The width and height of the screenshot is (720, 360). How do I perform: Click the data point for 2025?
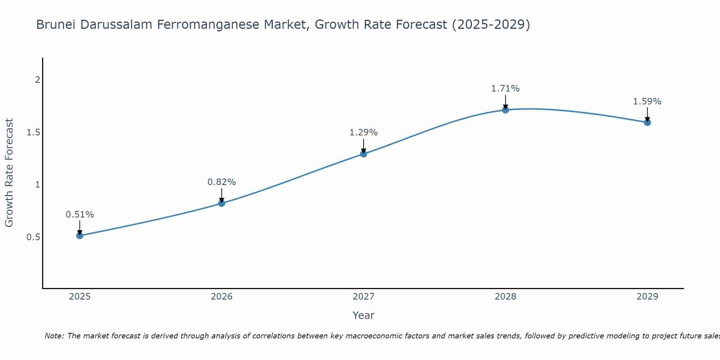point(80,236)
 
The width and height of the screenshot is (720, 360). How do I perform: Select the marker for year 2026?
point(222,203)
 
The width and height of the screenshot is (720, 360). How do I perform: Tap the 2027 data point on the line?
point(364,154)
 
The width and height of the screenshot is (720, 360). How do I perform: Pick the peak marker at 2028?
point(505,110)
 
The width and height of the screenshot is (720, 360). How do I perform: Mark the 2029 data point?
point(647,122)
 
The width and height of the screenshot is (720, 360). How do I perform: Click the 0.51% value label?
point(80,215)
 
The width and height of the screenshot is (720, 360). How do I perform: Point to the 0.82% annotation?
point(222,182)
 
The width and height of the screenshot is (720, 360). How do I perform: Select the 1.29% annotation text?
point(364,132)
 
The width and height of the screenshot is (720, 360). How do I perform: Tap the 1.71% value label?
point(505,89)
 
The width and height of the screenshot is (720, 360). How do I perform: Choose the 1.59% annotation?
point(647,102)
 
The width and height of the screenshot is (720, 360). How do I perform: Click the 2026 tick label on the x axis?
point(222,297)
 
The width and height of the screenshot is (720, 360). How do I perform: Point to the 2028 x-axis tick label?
point(505,297)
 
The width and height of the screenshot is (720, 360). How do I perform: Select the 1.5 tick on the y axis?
point(33,132)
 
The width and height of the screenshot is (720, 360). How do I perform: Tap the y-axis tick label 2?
point(37,80)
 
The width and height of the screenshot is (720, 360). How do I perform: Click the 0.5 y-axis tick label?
point(33,237)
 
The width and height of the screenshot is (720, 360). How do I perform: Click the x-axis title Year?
point(364,315)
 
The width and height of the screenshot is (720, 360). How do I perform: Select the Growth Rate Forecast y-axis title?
point(9,173)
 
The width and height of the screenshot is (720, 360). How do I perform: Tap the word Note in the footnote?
point(54,336)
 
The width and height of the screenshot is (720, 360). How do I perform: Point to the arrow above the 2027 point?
point(364,145)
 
